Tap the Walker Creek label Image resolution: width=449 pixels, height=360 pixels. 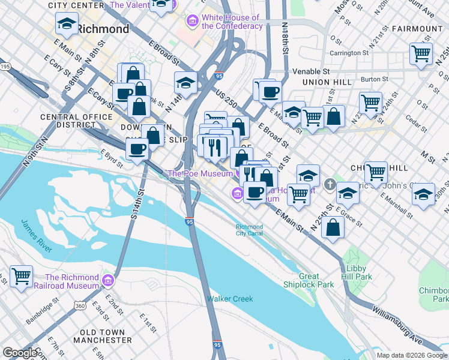[230, 299]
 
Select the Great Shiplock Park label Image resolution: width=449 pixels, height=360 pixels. [317, 280]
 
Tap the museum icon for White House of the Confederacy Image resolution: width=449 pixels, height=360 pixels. [192, 22]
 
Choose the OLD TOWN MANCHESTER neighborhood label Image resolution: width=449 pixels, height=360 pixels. [102, 336]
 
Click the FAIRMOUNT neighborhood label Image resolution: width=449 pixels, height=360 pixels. [417, 28]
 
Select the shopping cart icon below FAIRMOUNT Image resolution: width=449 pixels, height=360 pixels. [421, 53]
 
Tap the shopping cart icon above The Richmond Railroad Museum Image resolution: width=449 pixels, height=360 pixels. [21, 276]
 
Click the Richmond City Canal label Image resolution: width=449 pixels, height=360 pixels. [249, 230]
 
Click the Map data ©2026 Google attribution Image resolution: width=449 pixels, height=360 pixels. [411, 355]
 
